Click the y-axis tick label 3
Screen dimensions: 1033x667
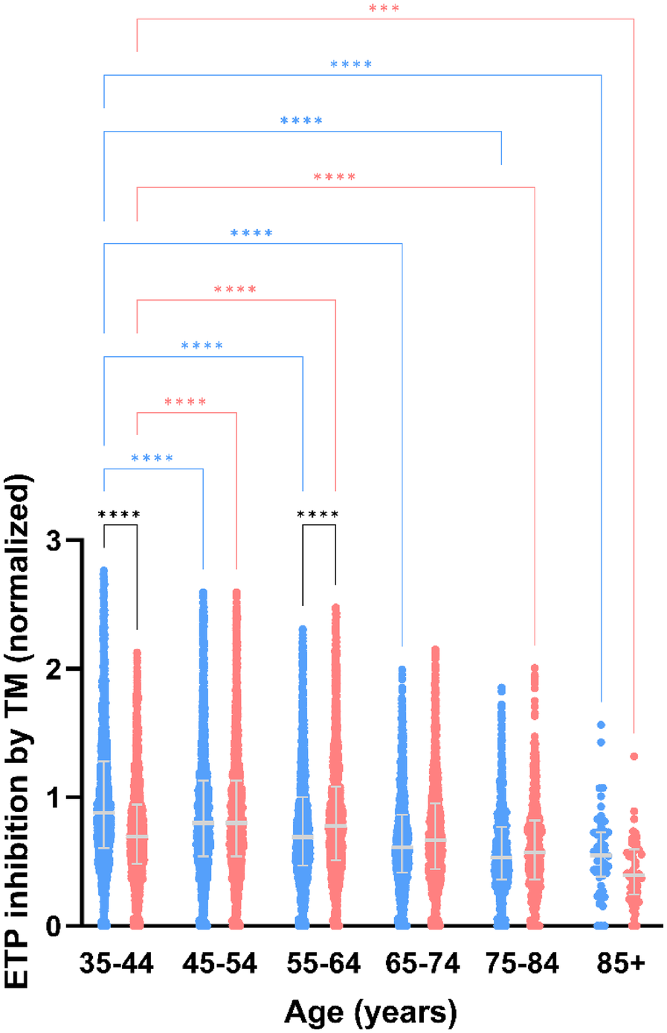click(54, 541)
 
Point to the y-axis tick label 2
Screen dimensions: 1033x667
click(54, 669)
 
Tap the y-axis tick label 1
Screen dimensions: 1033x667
click(54, 797)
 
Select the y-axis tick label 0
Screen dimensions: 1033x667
click(54, 926)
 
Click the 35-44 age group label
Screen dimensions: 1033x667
click(117, 965)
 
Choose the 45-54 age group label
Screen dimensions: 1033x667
click(219, 965)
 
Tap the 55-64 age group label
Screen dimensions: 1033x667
click(323, 965)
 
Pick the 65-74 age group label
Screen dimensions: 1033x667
click(422, 965)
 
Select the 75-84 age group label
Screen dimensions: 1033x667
click(522, 965)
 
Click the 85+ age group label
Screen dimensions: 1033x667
click(621, 965)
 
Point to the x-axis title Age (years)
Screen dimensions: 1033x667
click(370, 1012)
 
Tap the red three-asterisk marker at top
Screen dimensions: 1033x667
click(384, 10)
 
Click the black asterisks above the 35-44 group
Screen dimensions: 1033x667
click(119, 515)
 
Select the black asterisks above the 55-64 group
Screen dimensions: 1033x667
click(318, 515)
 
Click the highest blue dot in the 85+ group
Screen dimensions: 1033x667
click(601, 724)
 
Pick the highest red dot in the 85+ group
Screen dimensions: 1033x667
click(634, 756)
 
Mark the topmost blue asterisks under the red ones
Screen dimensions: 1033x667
click(351, 65)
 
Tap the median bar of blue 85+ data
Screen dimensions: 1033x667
click(601, 855)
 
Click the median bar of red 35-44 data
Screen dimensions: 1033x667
click(137, 837)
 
